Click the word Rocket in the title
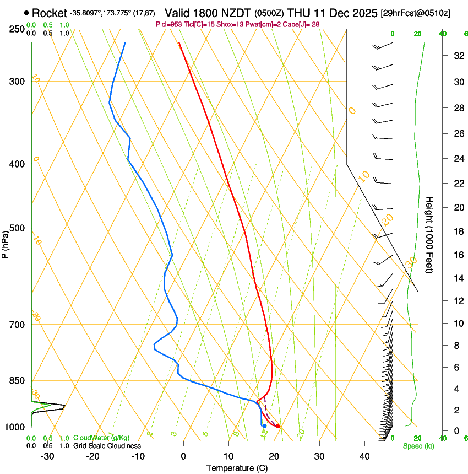pos(49,13)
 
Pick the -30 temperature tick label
pos(47,456)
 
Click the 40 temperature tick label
pos(364,456)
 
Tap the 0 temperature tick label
pos(183,456)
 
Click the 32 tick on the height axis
pos(457,56)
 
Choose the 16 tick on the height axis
pos(457,255)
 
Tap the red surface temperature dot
pos(278,426)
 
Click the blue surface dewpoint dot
pos(264,426)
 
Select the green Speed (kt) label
pos(418,446)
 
